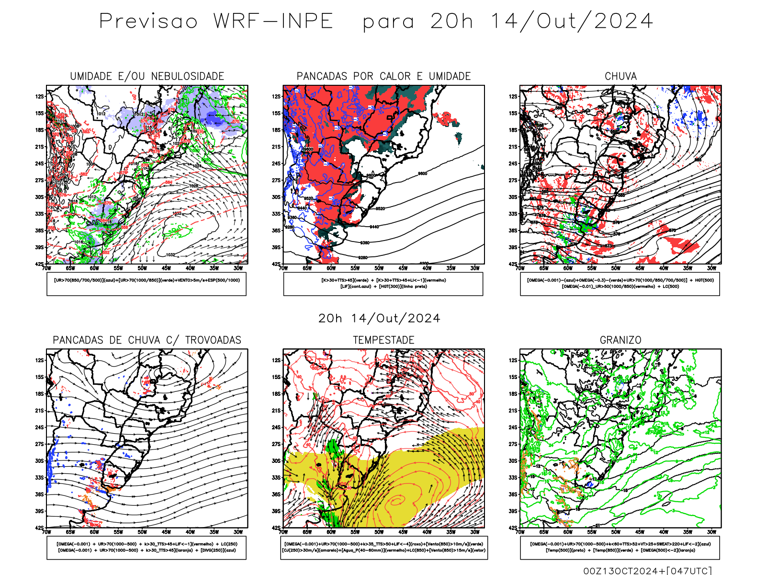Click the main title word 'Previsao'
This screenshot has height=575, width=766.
148,22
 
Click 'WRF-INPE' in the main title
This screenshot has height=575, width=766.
273,22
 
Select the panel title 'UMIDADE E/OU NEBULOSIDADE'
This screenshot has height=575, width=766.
147,76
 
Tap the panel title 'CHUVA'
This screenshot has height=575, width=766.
620,76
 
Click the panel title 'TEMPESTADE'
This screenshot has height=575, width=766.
383,340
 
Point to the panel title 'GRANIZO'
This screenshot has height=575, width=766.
620,340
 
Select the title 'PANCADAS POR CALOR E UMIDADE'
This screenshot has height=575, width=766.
383,76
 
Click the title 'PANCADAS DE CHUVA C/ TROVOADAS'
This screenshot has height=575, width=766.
147,340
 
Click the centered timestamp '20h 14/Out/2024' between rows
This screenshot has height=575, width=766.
379,319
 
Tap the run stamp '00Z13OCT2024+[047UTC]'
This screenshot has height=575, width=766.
647,570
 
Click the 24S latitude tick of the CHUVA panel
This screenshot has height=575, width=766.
513,163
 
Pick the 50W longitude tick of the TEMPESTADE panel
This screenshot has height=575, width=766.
379,532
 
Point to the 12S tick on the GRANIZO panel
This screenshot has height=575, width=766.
513,360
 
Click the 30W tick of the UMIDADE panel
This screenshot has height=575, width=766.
238,268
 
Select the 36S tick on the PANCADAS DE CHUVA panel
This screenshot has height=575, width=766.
39,494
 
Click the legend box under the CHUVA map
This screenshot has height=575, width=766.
620,284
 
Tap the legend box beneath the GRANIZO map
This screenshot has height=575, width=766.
620,547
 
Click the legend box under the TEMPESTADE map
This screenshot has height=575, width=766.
383,547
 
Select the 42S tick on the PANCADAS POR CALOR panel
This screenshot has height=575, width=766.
276,264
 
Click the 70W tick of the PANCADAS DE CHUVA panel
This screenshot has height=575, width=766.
46,532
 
